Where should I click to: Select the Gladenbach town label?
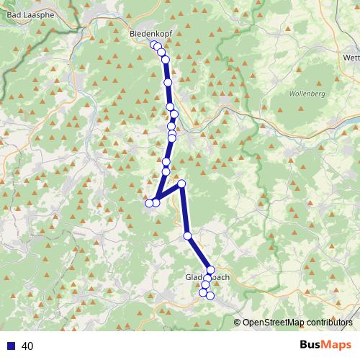click(207, 277)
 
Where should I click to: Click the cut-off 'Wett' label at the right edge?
click(351, 58)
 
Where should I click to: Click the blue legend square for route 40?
click(11, 346)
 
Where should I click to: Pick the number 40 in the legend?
click(28, 346)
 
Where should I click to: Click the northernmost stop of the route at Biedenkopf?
click(153, 45)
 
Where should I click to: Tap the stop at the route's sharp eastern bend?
click(181, 184)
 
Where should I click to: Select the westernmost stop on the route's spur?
click(149, 203)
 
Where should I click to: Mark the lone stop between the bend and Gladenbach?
click(187, 235)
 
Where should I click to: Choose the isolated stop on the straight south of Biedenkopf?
click(168, 83)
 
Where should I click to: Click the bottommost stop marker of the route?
click(210, 296)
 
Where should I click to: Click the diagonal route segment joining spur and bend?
click(168, 193)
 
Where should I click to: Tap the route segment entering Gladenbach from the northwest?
click(199, 253)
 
